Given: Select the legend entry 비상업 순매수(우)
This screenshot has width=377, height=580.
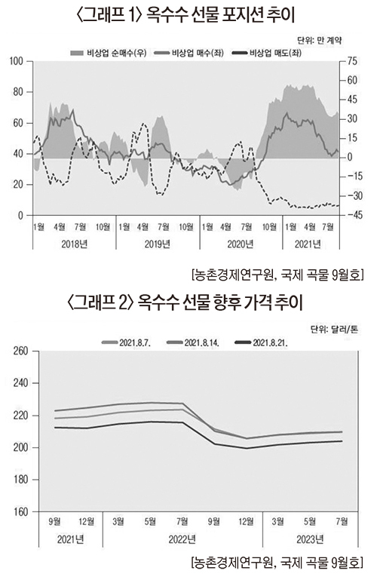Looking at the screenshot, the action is (109, 53).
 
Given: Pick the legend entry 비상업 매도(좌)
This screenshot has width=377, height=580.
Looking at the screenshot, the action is (268, 53).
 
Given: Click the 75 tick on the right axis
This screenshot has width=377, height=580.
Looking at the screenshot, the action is (353, 61).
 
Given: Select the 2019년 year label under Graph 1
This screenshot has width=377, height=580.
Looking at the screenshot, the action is (158, 244).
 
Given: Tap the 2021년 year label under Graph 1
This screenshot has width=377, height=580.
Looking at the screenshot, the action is (308, 244).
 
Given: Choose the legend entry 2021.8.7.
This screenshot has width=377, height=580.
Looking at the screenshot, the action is (127, 342).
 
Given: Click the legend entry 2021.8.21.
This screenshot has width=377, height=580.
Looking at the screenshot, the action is (262, 342).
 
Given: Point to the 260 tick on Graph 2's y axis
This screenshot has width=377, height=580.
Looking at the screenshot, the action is (21, 351).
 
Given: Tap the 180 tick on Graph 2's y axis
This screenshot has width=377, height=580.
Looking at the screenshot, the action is (21, 480).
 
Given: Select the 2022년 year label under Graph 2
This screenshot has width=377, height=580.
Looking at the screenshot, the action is (182, 539).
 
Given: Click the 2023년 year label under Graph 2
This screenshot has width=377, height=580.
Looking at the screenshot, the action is (310, 539).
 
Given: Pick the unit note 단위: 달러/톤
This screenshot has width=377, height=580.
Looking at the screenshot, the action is (334, 329).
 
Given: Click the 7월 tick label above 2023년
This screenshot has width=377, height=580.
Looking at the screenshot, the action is (342, 521).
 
